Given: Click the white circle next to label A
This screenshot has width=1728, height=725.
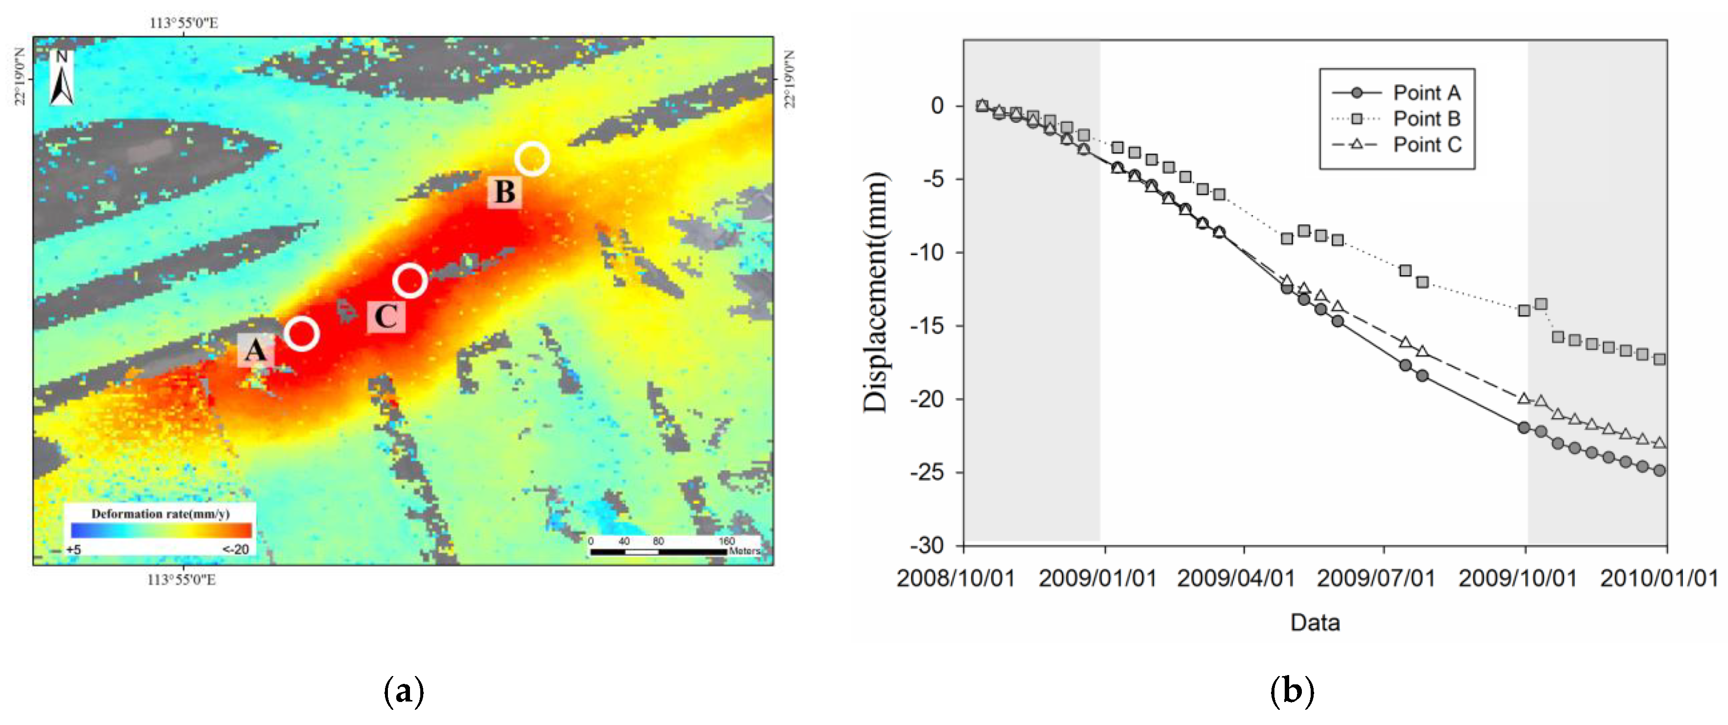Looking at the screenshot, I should pos(302,333).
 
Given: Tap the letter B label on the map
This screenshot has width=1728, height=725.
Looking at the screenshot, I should pos(504,192).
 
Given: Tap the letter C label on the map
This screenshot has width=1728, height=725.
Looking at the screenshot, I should pos(386,317).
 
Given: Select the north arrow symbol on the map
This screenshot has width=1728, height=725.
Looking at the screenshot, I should pos(62,78).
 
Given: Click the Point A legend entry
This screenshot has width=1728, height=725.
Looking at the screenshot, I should pos(1395,93).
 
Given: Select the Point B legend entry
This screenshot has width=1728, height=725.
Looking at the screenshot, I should pos(1395,118).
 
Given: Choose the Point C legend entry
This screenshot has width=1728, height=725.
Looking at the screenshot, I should pos(1395,145).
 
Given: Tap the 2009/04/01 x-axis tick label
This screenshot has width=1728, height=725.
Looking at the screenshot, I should pos(1236,579).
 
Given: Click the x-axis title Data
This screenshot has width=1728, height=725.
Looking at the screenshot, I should pos(1315,622).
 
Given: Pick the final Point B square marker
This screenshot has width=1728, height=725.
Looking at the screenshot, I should pos(1659,359).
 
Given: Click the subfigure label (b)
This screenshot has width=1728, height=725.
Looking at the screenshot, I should pos(1292,691).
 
